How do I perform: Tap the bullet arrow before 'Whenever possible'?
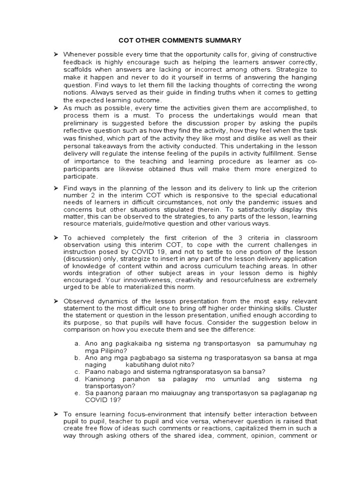click(x=55, y=55)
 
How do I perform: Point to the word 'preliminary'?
click(x=80, y=123)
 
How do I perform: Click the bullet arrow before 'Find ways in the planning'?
click(x=55, y=188)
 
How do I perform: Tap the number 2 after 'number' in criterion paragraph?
click(x=92, y=196)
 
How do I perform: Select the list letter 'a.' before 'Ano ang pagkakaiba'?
click(x=77, y=344)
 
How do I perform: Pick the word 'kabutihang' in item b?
click(x=143, y=364)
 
